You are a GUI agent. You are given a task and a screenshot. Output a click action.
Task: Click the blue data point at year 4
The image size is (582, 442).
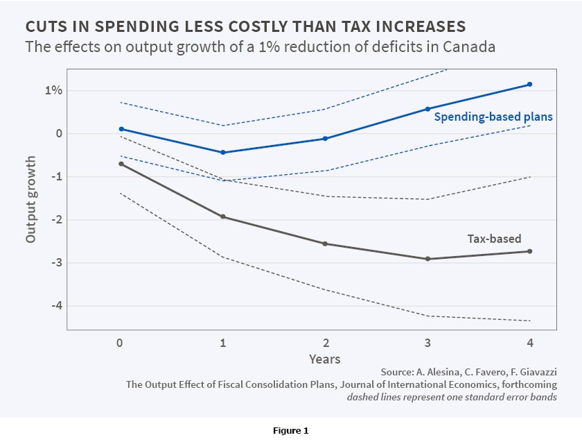tap(530, 84)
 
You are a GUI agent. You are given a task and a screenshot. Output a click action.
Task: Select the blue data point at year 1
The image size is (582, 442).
tap(222, 152)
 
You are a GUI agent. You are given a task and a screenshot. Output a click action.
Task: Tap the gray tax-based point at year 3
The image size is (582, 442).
tap(427, 259)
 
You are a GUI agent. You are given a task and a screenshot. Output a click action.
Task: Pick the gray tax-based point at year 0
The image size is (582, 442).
tap(121, 164)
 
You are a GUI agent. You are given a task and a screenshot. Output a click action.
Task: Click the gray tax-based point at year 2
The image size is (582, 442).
tap(325, 244)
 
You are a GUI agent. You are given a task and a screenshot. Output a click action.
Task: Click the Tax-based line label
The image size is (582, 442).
tap(493, 239)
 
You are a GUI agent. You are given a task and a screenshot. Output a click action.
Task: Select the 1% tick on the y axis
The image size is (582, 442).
tap(55, 91)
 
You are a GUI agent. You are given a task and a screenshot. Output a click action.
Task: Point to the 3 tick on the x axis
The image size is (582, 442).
tap(427, 342)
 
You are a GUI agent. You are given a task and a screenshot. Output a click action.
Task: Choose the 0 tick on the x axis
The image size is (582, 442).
tap(121, 342)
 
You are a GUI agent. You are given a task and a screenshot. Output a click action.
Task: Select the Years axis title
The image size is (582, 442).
tap(325, 359)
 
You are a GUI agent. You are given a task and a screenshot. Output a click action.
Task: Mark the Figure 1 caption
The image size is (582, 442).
tap(291, 431)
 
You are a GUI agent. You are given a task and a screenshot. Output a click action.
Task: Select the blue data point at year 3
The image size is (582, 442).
tap(427, 109)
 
